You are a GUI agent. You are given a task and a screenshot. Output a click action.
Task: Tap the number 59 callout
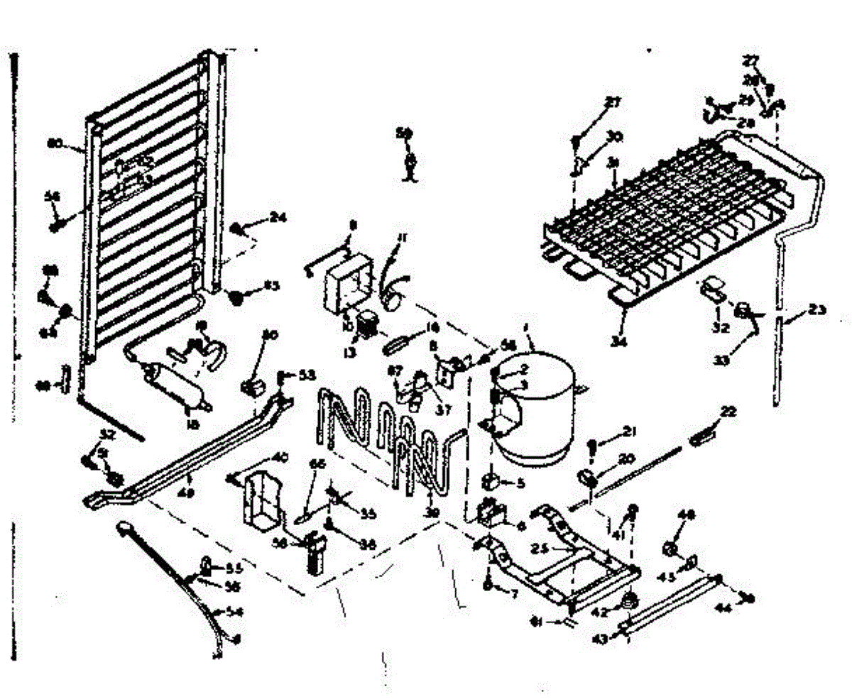pyautogui.click(x=404, y=133)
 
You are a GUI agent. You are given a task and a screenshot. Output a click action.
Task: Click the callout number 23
pyautogui.click(x=818, y=309)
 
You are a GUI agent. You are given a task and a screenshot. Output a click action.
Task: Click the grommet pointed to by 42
pyautogui.click(x=627, y=602)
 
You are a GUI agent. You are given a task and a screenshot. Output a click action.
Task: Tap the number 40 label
pyautogui.click(x=280, y=458)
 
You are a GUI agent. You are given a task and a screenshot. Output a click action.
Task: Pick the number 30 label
pyautogui.click(x=614, y=136)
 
